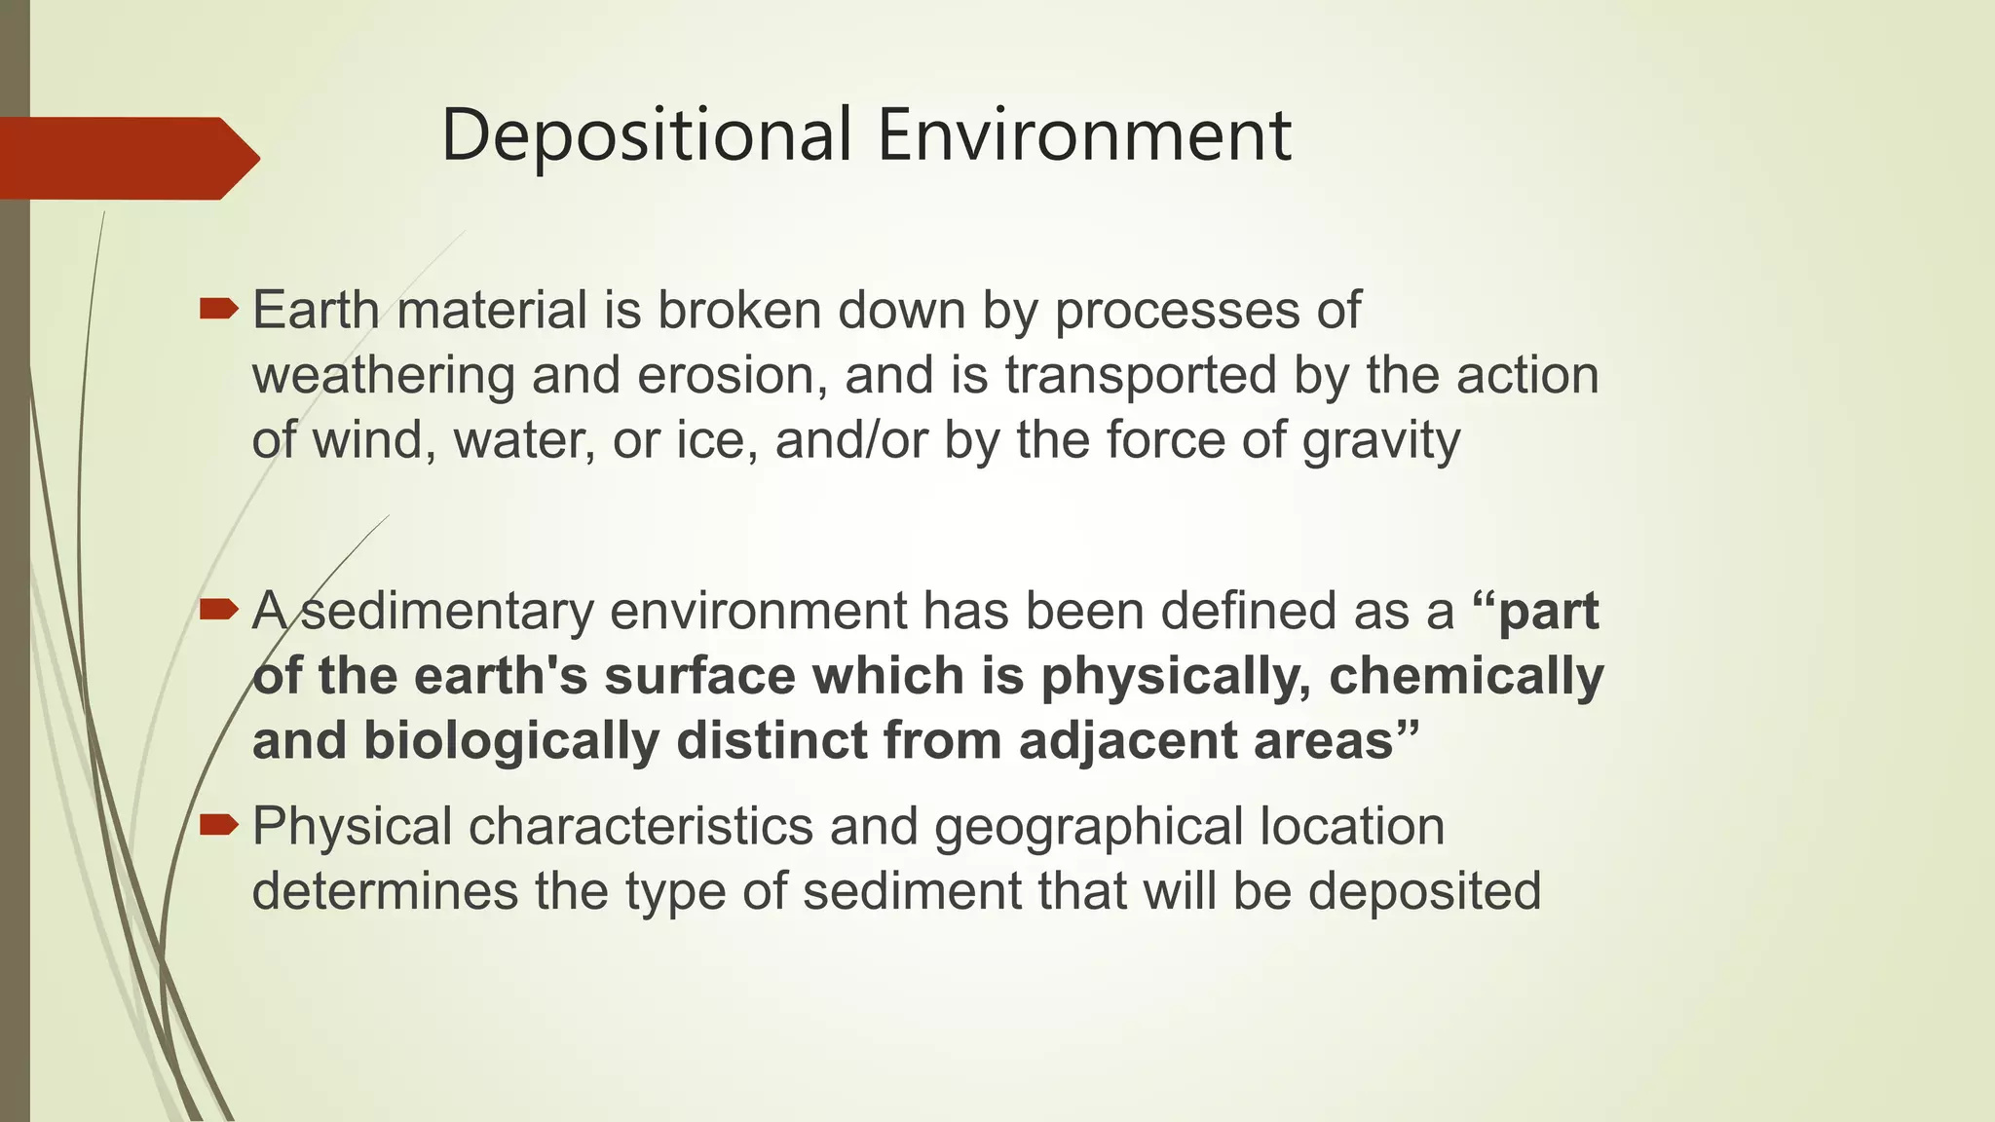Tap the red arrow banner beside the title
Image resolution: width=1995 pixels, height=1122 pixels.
point(127,158)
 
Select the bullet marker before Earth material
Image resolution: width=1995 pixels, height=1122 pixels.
point(218,310)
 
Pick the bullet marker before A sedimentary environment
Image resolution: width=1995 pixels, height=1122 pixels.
point(218,611)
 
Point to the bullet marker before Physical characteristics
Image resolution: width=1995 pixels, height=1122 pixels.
point(218,826)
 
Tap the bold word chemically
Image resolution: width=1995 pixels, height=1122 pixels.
point(1466,676)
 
